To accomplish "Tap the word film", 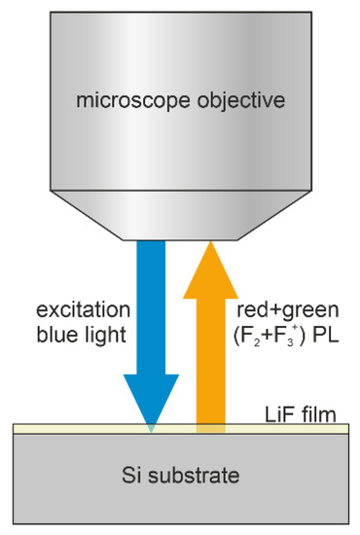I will click(x=318, y=415).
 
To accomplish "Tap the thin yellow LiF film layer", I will click(x=78, y=429).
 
